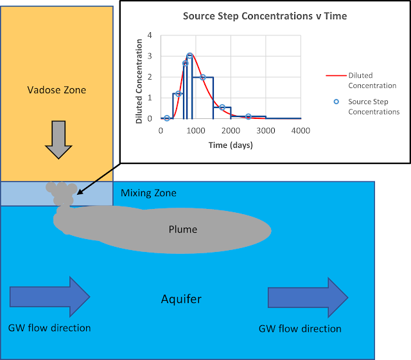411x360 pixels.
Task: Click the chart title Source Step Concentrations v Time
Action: (x=265, y=16)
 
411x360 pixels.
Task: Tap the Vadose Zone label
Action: (x=57, y=90)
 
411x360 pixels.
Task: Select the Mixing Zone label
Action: (x=148, y=192)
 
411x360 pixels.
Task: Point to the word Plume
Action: (x=183, y=230)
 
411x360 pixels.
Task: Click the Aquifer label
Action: (x=181, y=299)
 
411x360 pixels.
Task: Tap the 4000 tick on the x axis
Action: (x=301, y=130)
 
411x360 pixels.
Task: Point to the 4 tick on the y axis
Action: (x=150, y=35)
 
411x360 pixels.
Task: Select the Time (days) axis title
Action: (x=231, y=145)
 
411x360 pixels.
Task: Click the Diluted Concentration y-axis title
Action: (x=139, y=77)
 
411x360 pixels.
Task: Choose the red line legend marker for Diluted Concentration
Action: (x=333, y=76)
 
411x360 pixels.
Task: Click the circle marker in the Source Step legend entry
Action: (x=333, y=101)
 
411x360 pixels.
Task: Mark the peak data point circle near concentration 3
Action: (x=190, y=56)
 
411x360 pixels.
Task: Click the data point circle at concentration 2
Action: (x=203, y=77)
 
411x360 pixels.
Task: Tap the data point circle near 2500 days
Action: (x=249, y=116)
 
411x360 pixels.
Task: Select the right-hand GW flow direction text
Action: (x=300, y=328)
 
